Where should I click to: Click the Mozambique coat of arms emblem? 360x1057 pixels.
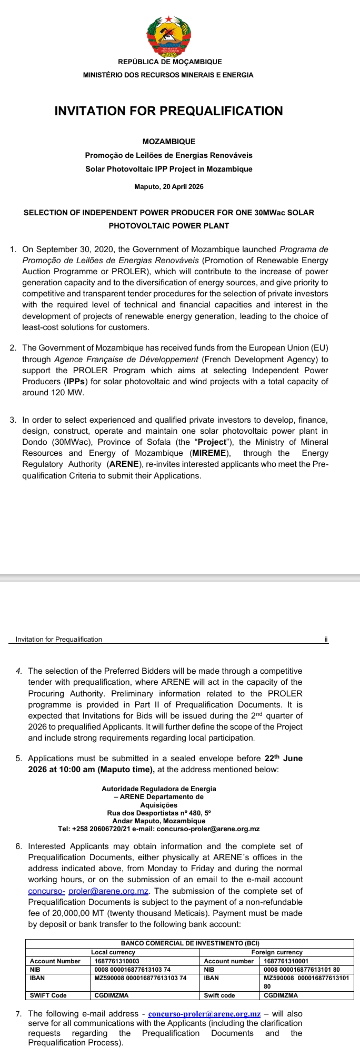coord(168,35)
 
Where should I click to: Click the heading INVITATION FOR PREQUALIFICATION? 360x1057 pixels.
coord(168,111)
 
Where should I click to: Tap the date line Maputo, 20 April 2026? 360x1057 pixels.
coord(168,187)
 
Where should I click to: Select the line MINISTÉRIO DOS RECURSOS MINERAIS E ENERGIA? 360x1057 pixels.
coord(168,75)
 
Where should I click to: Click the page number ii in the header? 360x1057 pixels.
coord(326,640)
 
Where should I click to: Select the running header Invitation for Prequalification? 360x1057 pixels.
coord(59,640)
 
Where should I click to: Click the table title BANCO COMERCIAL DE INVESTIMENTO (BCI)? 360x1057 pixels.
coord(190,943)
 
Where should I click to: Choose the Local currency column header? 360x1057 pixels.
coord(113,952)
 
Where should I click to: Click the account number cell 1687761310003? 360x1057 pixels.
coord(117,961)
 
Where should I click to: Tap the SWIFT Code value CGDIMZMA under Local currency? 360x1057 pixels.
coord(112,995)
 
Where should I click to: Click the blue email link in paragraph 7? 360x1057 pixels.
coord(204,1014)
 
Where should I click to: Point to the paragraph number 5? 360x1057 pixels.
coord(18,759)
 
